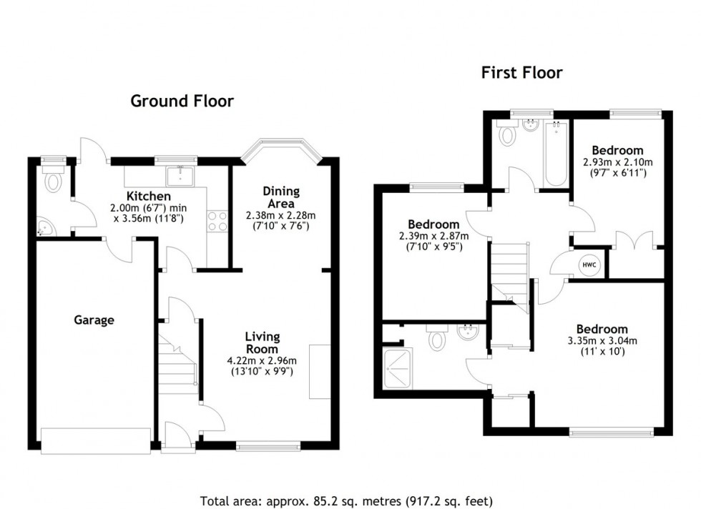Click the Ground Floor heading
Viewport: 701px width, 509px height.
[x=182, y=101]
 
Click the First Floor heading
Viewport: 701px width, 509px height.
[x=521, y=72]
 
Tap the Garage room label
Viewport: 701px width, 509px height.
[x=94, y=320]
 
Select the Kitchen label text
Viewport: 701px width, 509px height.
[x=148, y=196]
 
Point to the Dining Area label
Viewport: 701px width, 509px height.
[x=280, y=197]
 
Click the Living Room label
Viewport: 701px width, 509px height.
[x=262, y=342]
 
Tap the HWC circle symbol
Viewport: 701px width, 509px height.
[x=589, y=265]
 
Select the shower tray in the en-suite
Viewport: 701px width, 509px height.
[x=401, y=368]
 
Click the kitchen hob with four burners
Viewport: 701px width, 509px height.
[x=217, y=221]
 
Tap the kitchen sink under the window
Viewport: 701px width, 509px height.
[x=176, y=175]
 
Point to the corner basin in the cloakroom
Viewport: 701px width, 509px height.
[x=44, y=228]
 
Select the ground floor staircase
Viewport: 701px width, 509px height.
[x=178, y=365]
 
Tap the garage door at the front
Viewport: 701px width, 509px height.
[x=96, y=440]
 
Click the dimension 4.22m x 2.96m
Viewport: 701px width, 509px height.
[x=262, y=360]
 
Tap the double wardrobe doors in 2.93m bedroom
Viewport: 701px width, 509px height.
[x=634, y=240]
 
